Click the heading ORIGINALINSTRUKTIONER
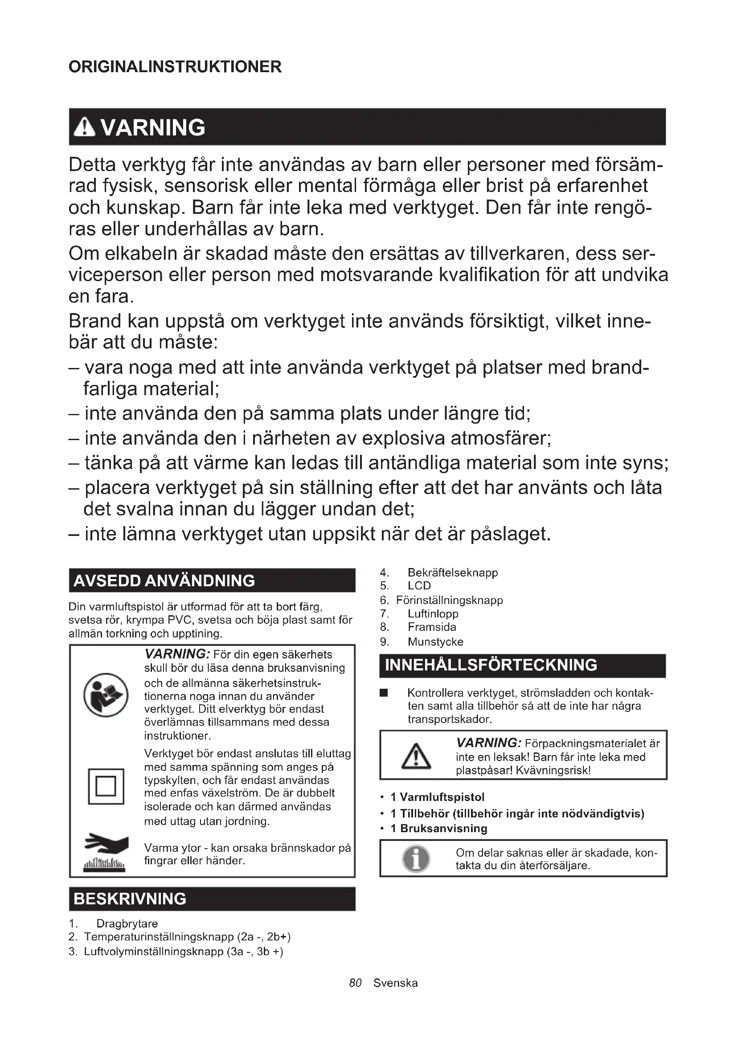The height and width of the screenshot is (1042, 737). click(x=175, y=67)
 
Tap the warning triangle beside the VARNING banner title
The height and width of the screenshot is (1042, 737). click(x=84, y=127)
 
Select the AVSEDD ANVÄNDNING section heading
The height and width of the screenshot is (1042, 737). click(x=164, y=581)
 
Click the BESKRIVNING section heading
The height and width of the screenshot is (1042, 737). click(x=130, y=899)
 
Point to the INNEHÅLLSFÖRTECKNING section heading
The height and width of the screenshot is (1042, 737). click(x=491, y=665)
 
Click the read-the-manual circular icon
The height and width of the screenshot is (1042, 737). click(x=106, y=695)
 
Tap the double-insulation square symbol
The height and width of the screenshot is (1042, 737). click(x=106, y=786)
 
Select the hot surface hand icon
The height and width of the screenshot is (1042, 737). click(x=106, y=851)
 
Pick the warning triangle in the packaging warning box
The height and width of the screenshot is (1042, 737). click(x=416, y=756)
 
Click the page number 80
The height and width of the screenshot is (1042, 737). click(x=355, y=983)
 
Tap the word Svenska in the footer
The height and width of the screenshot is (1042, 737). click(x=395, y=983)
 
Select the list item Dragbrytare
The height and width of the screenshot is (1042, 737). click(x=127, y=923)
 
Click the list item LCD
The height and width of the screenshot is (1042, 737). click(x=419, y=586)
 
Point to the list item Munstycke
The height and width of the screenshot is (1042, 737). click(x=435, y=642)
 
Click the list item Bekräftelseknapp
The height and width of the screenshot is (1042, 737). click(x=452, y=573)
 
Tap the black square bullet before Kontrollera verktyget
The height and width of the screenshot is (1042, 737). click(x=384, y=693)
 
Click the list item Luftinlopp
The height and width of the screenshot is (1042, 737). click(x=433, y=613)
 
